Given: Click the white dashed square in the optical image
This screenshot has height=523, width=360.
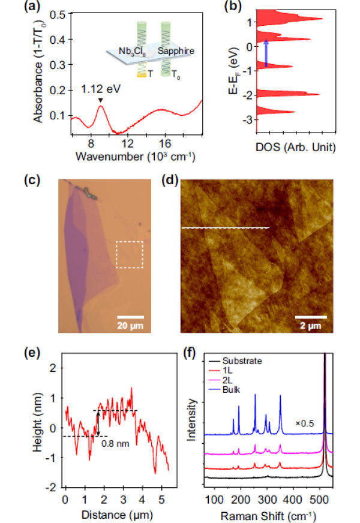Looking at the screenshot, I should tap(129, 255).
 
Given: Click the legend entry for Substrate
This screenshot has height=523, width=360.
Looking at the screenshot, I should tap(241, 360).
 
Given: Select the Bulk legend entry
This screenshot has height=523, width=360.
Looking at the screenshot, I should tap(232, 390).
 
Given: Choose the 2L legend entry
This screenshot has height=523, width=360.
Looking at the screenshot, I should tap(227, 380).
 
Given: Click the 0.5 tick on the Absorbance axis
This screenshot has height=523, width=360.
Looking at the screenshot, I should tap(61, 13).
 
